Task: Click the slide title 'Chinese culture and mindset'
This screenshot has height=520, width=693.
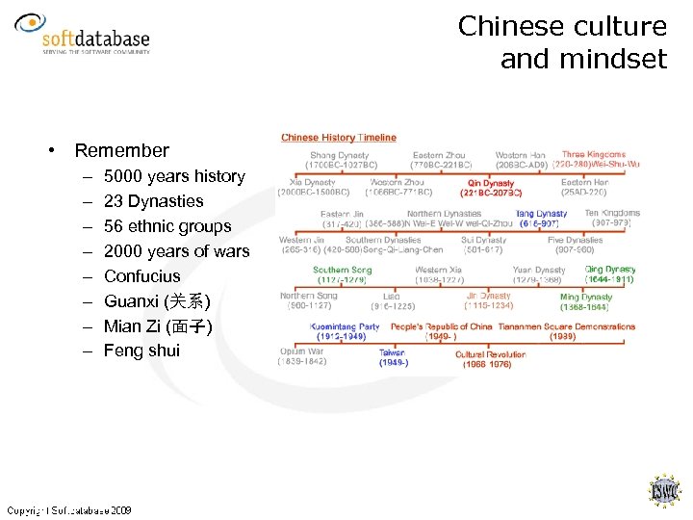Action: (x=562, y=42)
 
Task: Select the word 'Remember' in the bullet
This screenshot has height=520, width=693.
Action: (x=121, y=150)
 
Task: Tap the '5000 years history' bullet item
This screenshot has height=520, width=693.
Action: (x=174, y=176)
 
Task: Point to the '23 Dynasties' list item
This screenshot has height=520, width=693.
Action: (x=154, y=201)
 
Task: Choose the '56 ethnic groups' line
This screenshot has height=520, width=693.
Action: (x=167, y=226)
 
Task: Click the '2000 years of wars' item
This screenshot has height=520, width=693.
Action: (x=176, y=251)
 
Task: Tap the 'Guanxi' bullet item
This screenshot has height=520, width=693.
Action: (x=157, y=301)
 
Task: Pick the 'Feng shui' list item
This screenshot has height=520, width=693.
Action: (x=141, y=351)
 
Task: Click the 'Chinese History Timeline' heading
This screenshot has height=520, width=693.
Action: (x=339, y=138)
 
